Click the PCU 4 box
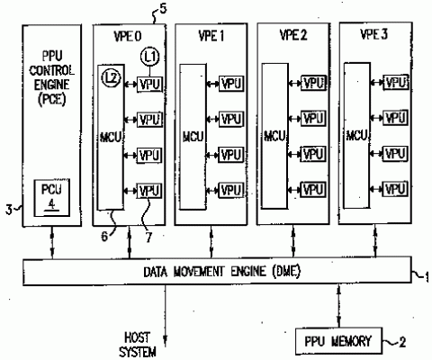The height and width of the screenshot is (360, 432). [x=46, y=194]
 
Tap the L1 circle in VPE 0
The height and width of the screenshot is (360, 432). [x=149, y=58]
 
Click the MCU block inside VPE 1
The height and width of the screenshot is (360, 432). [x=192, y=136]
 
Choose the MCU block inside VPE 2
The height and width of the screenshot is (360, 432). [x=274, y=136]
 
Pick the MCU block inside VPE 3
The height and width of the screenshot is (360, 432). [x=356, y=134]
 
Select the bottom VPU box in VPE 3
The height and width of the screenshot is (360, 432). [x=395, y=186]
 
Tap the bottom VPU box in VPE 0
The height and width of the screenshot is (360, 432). [x=149, y=191]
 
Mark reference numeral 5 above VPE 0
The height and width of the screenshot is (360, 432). [x=162, y=8]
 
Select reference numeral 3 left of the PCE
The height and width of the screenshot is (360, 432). [x=8, y=210]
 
